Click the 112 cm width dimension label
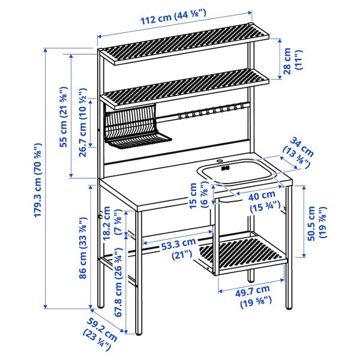[174, 18]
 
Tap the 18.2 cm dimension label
[112, 225]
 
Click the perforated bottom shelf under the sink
[240, 252]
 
